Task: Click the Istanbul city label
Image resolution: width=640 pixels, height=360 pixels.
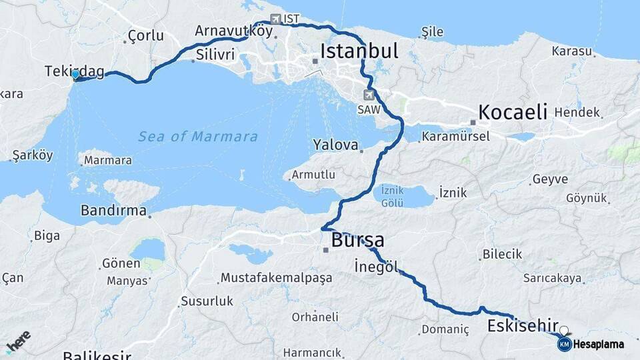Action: pyautogui.click(x=359, y=51)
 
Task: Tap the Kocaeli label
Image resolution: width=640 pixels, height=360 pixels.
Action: pyautogui.click(x=513, y=111)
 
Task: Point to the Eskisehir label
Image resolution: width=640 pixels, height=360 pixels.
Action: pyautogui.click(x=522, y=325)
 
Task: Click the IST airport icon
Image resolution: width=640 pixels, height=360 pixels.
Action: pyautogui.click(x=276, y=19)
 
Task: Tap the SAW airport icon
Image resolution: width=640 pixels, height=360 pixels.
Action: pyautogui.click(x=369, y=95)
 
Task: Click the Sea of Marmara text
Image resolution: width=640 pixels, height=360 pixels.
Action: pyautogui.click(x=197, y=137)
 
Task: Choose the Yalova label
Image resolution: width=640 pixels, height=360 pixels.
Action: pyautogui.click(x=335, y=145)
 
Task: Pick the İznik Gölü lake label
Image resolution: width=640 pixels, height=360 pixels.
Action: pyautogui.click(x=393, y=195)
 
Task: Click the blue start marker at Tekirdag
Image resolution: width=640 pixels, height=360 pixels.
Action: pyautogui.click(x=75, y=75)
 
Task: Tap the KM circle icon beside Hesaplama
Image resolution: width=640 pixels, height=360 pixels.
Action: pyautogui.click(x=564, y=344)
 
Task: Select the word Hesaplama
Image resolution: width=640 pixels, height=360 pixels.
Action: pyautogui.click(x=598, y=344)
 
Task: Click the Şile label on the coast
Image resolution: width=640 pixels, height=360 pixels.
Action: pyautogui.click(x=433, y=31)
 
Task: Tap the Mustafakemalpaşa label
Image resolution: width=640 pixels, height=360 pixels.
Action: pyautogui.click(x=275, y=277)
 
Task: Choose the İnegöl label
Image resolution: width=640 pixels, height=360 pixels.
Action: pyautogui.click(x=377, y=266)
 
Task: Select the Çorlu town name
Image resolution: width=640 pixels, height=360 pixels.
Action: pyautogui.click(x=145, y=35)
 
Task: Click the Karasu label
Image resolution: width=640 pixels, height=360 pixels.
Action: pyautogui.click(x=572, y=51)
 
